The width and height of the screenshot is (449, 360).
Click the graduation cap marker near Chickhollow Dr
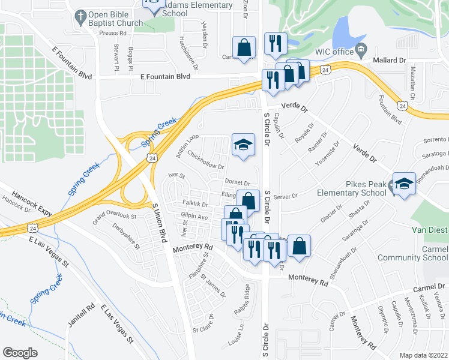(243, 145)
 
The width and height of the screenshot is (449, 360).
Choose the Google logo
(20, 352)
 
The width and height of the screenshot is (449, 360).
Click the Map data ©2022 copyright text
(424, 355)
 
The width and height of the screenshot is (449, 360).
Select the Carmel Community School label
(412, 253)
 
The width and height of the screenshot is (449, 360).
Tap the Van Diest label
(429, 230)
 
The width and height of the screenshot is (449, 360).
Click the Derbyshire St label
(124, 237)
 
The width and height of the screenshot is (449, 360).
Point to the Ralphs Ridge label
(243, 302)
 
